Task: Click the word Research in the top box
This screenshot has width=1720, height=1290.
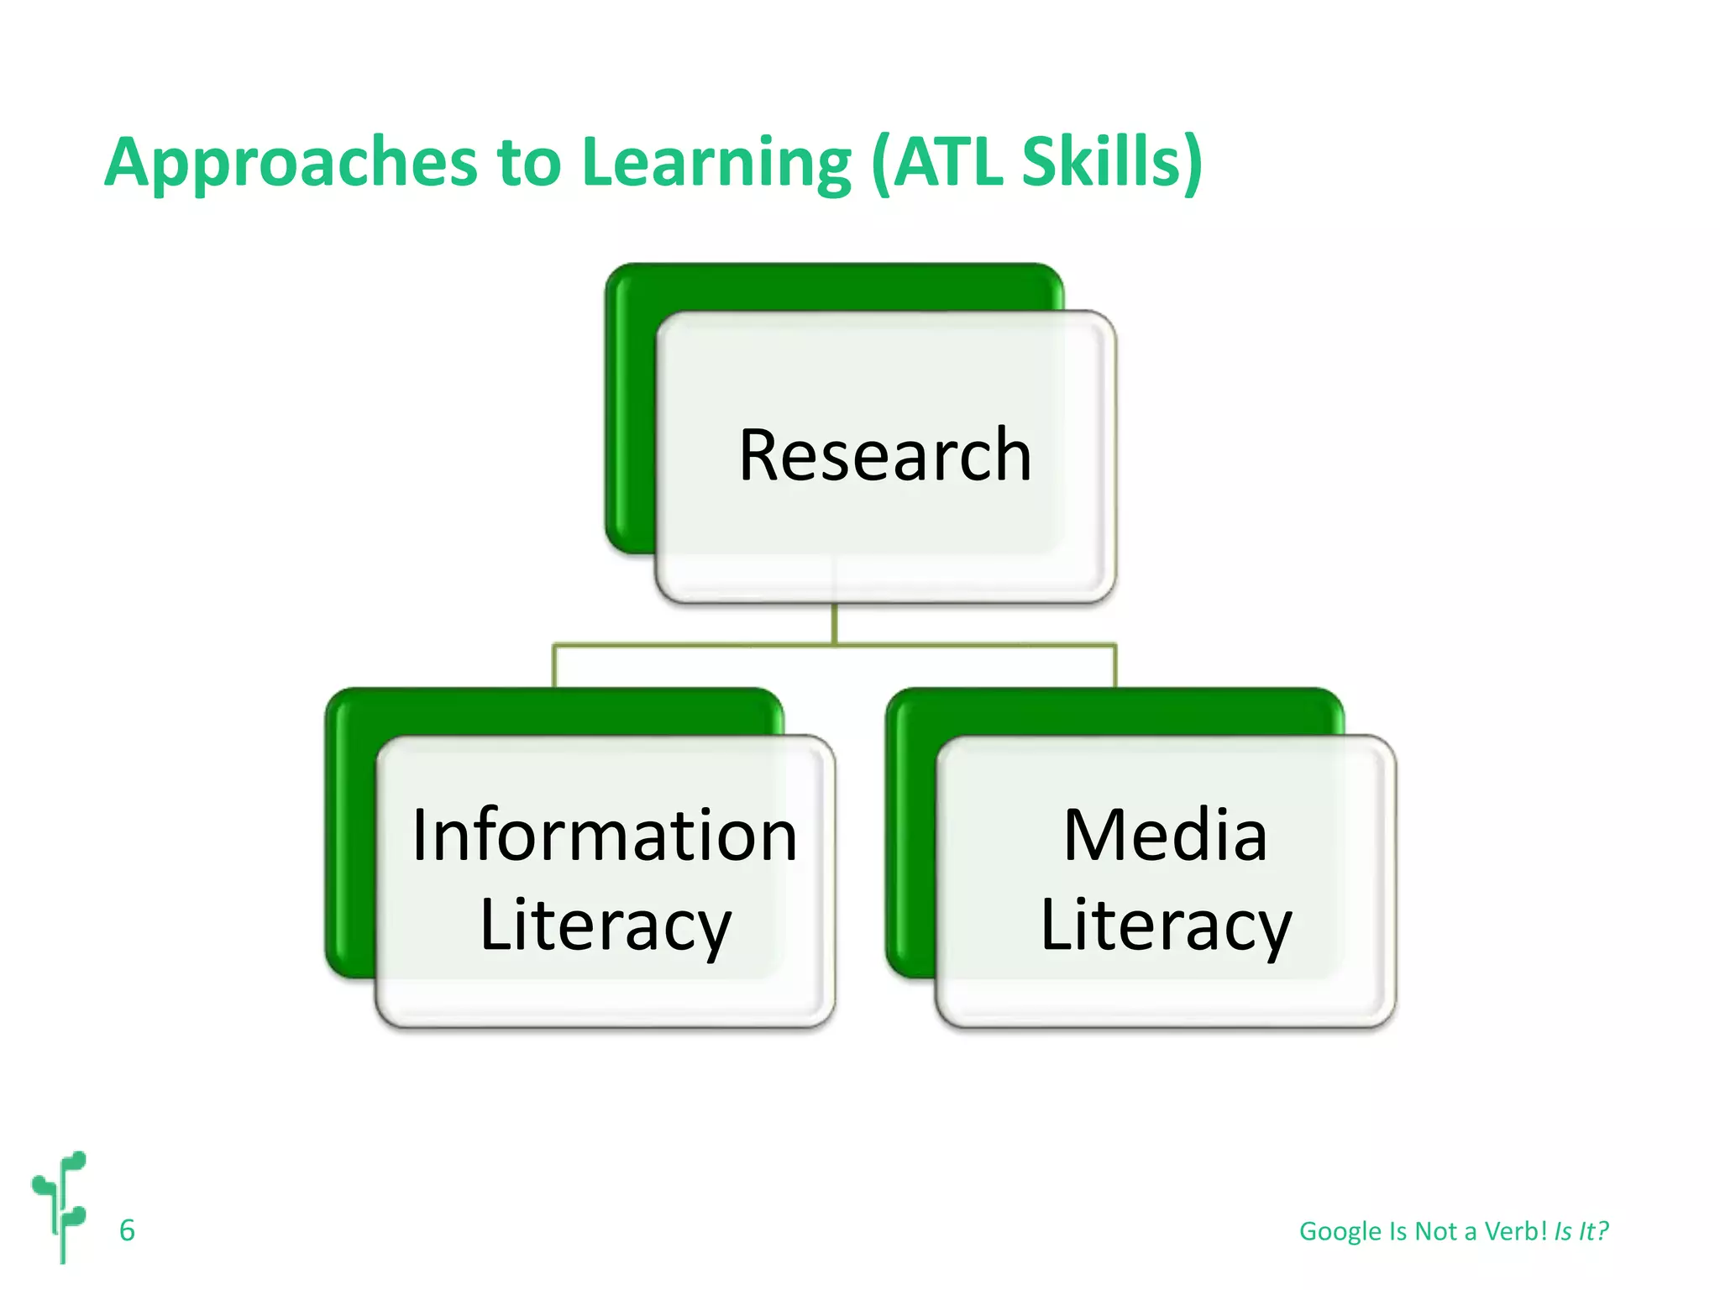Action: point(885,455)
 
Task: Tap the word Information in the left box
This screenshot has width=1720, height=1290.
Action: point(605,836)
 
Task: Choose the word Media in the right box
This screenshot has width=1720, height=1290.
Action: point(1165,836)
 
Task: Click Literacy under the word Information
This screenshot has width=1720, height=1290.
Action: point(605,926)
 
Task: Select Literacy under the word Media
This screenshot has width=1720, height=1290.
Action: point(1165,926)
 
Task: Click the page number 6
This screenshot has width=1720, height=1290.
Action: point(127,1230)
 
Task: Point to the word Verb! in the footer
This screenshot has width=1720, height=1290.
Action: point(1515,1231)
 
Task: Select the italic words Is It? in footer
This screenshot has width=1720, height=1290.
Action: point(1581,1231)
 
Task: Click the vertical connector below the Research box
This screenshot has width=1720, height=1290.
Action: point(834,624)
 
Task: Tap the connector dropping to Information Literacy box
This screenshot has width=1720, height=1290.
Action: point(554,665)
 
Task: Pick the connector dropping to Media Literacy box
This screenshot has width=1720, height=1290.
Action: point(1115,665)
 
